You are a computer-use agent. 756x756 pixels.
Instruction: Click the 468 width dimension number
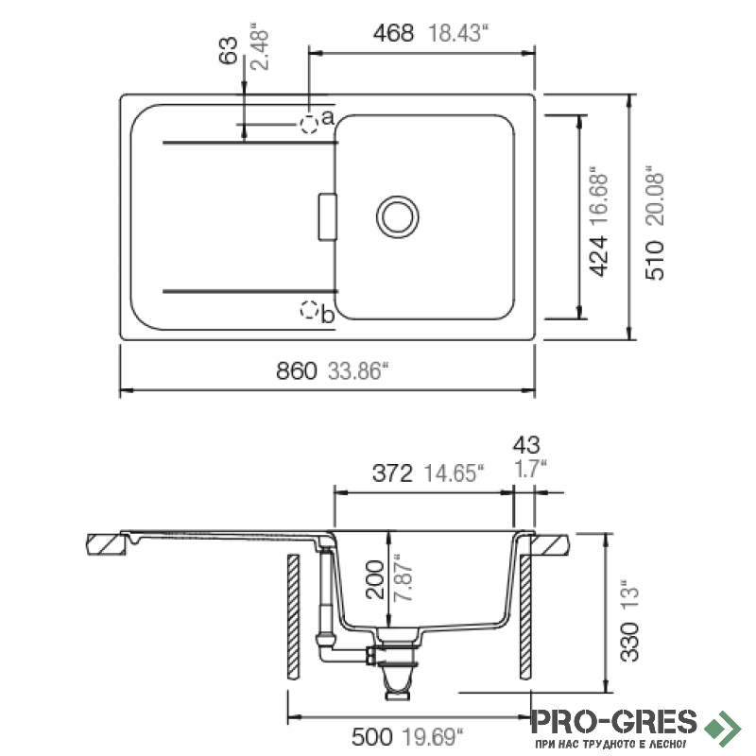(393, 33)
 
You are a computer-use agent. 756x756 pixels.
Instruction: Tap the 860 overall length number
(296, 371)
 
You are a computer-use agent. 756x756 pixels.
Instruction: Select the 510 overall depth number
(654, 261)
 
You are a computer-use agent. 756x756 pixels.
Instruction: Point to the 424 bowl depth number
(599, 256)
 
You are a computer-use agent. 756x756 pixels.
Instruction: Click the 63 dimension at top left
(228, 50)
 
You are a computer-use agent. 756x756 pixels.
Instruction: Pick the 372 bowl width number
(392, 473)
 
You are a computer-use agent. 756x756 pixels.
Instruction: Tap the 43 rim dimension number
(526, 445)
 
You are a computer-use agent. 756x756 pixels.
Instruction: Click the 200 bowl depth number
(374, 579)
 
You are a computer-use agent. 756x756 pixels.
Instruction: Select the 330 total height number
(629, 642)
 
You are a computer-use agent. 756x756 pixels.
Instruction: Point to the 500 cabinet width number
(371, 737)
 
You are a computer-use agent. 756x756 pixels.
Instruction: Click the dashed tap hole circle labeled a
(309, 125)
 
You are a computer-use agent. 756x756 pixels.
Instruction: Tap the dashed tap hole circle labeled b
(309, 310)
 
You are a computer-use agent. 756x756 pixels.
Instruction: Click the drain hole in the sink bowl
(397, 217)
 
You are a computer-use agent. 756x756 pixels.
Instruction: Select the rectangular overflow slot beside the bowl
(327, 217)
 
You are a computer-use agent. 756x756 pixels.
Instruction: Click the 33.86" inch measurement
(358, 371)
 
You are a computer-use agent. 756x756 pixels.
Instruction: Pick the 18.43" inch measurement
(458, 33)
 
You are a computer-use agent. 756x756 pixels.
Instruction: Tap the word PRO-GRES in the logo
(613, 722)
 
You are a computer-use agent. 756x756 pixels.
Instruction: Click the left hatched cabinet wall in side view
(293, 617)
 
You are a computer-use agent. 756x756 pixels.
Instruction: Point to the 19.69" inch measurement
(433, 737)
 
